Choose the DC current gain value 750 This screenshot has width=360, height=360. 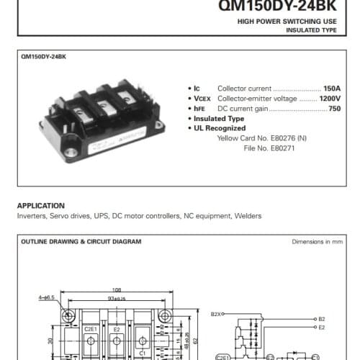tap(335, 108)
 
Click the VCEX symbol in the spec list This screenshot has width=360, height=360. tap(202, 98)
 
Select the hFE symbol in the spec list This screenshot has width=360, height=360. tap(200, 108)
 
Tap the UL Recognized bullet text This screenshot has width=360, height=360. tap(220, 127)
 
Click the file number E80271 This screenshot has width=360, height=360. tap(280, 148)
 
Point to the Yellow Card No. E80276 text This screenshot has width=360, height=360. tap(261, 138)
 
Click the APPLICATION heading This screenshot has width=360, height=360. tap(40, 205)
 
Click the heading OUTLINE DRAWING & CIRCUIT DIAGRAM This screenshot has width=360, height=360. tap(81, 242)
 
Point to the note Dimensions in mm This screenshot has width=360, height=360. tap(318, 242)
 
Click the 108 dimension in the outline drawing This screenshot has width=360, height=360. tap(117, 291)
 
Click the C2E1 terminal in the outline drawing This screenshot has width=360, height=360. tap(91, 329)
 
